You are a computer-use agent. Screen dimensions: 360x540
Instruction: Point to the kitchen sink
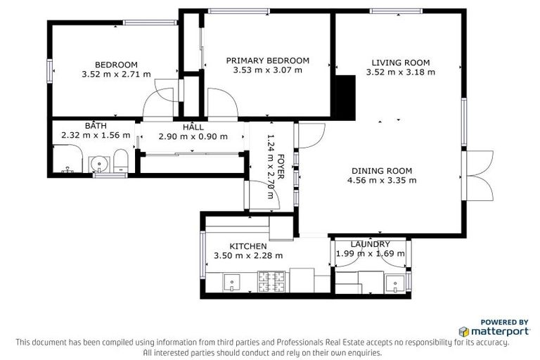(233, 283)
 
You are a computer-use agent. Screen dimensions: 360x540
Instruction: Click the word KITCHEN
(248, 246)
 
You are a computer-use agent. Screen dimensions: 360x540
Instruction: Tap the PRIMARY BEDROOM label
(267, 60)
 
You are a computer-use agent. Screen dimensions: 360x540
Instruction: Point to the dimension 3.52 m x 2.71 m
(106, 74)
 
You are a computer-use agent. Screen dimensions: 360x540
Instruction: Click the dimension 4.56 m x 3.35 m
(382, 180)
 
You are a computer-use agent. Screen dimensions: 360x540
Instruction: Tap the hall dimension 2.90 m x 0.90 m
(193, 136)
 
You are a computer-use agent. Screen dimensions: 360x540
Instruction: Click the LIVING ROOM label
(400, 63)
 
